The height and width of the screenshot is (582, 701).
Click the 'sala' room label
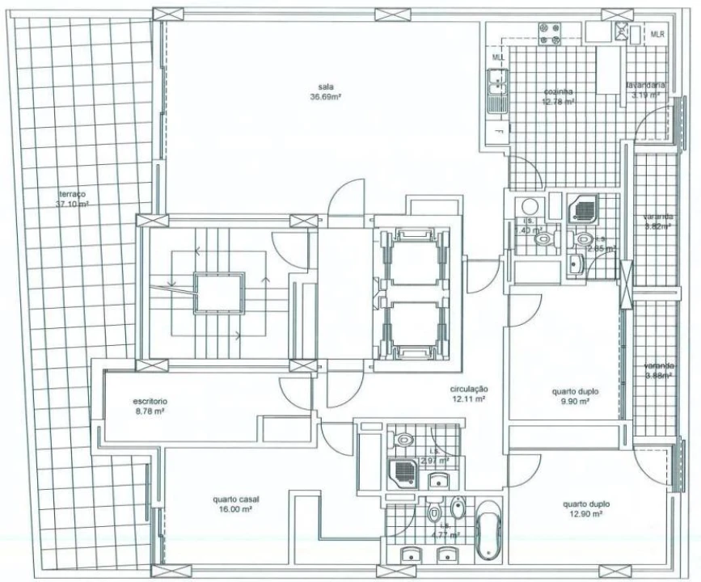coord(326,87)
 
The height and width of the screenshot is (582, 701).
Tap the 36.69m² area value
coord(326,98)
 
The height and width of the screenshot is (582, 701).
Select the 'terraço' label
coord(72,194)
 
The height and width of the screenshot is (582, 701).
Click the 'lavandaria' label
coord(644,85)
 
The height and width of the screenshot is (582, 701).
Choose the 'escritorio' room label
coord(149,401)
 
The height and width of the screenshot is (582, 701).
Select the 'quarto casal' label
coord(236,499)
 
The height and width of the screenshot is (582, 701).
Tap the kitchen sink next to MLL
coord(496,91)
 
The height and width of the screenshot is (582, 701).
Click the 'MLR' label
coord(658,35)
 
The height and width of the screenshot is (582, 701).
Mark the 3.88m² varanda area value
coord(658,375)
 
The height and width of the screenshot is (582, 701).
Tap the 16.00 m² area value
coord(236,509)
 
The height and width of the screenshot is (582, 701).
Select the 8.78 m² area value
coord(149,411)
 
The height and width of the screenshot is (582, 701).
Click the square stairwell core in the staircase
coord(219,290)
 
